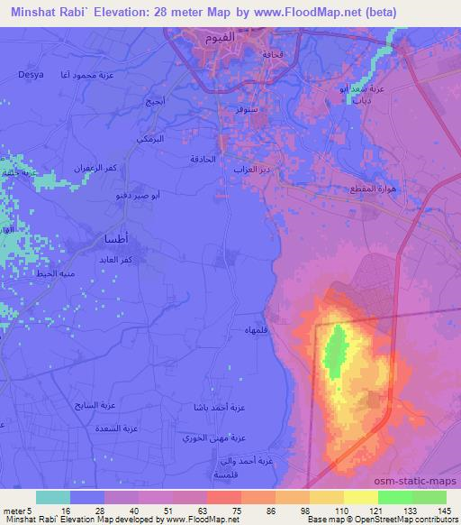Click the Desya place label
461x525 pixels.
[x=31, y=76]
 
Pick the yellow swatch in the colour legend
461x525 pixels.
[x=360, y=496]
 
